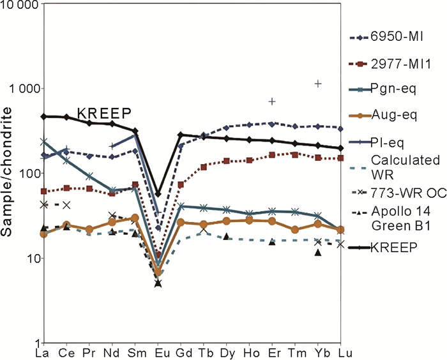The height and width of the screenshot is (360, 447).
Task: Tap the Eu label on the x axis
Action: (x=158, y=352)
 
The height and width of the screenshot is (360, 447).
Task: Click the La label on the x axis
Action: (x=43, y=352)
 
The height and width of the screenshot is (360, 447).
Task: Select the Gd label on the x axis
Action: (x=181, y=352)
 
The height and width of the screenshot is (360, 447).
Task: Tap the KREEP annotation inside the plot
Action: (x=104, y=113)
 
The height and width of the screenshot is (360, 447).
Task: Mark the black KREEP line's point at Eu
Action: (x=158, y=193)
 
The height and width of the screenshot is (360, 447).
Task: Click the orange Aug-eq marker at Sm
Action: (x=135, y=218)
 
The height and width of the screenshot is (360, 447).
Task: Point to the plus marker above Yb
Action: (x=318, y=84)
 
